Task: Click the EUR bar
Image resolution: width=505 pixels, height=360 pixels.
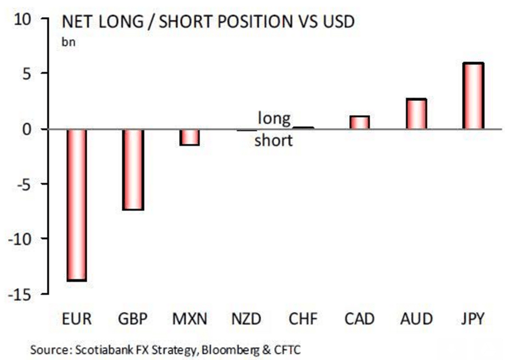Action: tap(76, 205)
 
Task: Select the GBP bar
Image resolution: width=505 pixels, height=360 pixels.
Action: tap(132, 169)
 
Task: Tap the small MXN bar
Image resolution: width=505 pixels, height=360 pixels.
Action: tap(189, 137)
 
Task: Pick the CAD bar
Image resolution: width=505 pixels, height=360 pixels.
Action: tap(359, 123)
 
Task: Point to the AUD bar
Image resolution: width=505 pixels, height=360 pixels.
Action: tap(416, 114)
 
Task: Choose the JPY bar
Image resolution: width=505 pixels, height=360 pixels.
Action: tap(473, 96)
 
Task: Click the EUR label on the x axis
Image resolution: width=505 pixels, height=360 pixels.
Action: tap(76, 320)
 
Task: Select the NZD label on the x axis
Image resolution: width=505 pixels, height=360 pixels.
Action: tap(246, 320)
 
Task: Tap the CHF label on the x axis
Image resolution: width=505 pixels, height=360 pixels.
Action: tap(303, 320)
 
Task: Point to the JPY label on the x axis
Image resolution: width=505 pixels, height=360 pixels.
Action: tap(473, 320)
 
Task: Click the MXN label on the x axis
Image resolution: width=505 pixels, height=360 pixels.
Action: tap(189, 320)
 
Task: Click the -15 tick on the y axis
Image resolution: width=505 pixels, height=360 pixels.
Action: tap(22, 294)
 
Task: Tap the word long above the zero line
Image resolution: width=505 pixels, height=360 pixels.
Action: tap(275, 118)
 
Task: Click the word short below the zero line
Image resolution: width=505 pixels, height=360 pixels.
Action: tap(274, 141)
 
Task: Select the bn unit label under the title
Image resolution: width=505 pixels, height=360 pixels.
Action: tap(69, 42)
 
